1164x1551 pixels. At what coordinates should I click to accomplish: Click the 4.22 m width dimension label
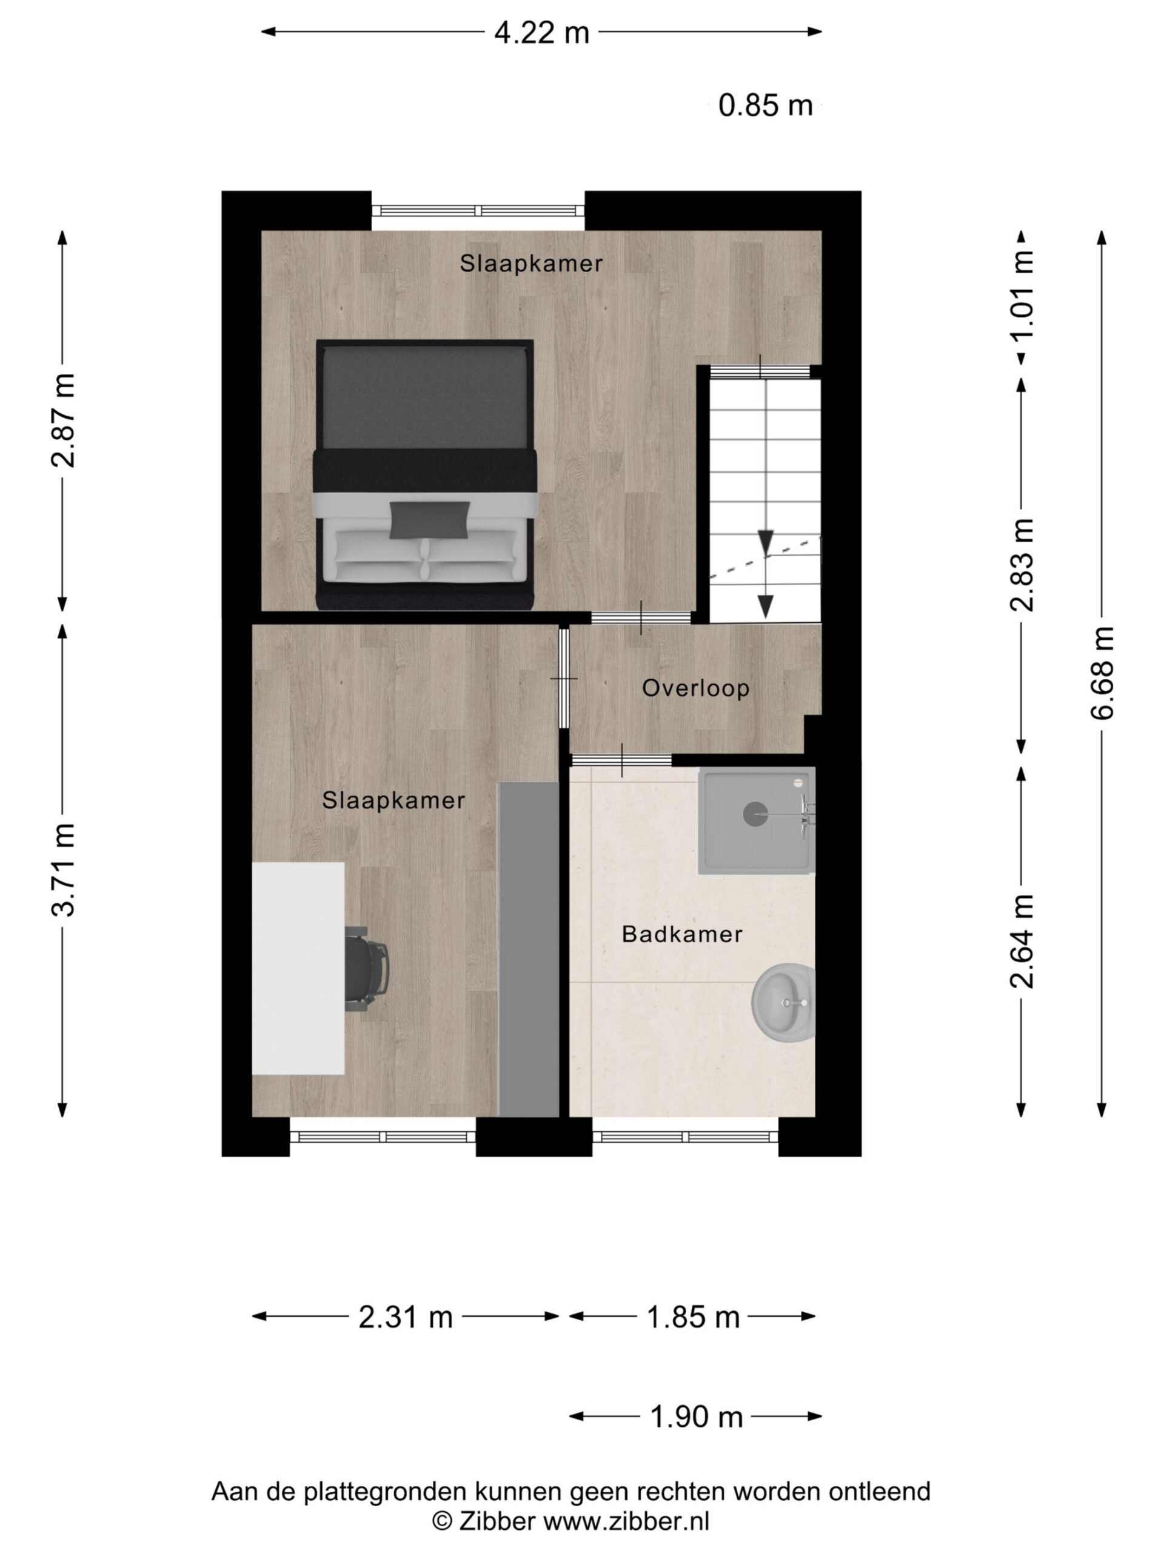point(541,32)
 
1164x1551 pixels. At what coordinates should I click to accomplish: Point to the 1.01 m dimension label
point(1022,294)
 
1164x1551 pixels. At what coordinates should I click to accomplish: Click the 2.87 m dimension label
point(62,420)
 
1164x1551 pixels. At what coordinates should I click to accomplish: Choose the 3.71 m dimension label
point(62,869)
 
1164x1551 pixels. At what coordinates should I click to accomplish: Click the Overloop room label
point(696,688)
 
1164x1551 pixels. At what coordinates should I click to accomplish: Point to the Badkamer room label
point(682,934)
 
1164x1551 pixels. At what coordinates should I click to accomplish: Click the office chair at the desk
point(366,968)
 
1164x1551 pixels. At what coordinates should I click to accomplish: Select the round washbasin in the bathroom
point(784,1003)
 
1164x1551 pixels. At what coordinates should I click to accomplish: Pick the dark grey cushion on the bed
point(429,520)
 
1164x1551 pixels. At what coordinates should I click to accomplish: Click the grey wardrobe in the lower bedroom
point(528,949)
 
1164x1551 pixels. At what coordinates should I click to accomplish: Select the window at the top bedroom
point(478,210)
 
